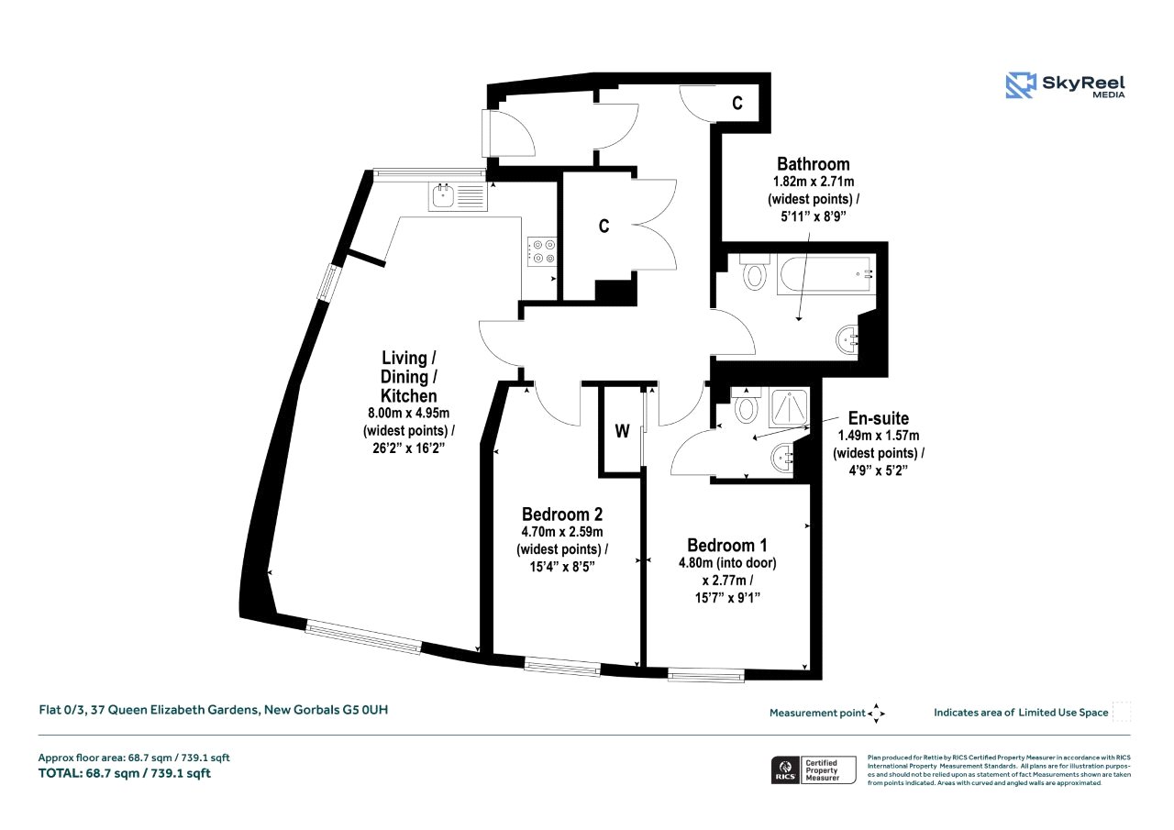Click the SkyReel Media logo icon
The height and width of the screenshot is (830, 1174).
pos(1021,86)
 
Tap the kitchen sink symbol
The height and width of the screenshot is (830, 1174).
pos(458,196)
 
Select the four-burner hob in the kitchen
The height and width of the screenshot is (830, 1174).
pos(542,251)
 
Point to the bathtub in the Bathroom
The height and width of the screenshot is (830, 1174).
pos(826,273)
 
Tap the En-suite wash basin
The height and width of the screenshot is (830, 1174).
pos(782,458)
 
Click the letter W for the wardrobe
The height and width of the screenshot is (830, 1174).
pos(622,431)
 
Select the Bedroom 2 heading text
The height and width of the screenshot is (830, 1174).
pos(562,514)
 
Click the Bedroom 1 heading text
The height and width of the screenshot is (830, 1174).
pos(727,546)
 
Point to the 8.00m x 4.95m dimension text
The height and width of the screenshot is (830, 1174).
pos(409,413)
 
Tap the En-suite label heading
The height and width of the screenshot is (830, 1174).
pos(879,418)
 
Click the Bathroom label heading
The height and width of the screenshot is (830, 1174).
pos(813,164)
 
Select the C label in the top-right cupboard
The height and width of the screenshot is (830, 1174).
pos(737,104)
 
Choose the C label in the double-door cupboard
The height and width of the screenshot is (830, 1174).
pos(604,226)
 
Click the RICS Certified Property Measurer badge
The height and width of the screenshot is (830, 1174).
pos(814,769)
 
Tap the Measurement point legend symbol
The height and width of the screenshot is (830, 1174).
pos(876,714)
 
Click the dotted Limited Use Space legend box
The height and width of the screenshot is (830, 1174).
pos(1122,712)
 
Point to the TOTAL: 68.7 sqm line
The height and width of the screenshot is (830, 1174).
pos(125,773)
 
